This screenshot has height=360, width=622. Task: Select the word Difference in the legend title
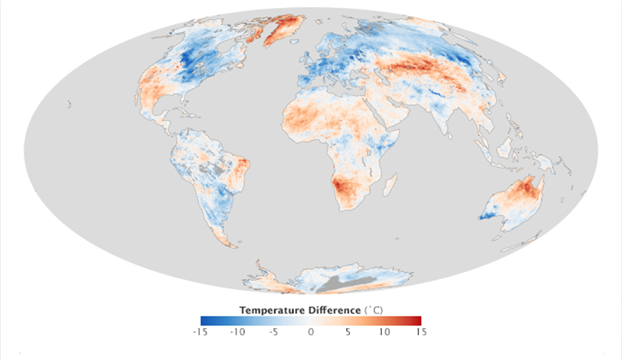coord(332,309)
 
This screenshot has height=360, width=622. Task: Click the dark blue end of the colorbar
coord(204,320)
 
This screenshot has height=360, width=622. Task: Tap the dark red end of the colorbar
coord(418,320)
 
